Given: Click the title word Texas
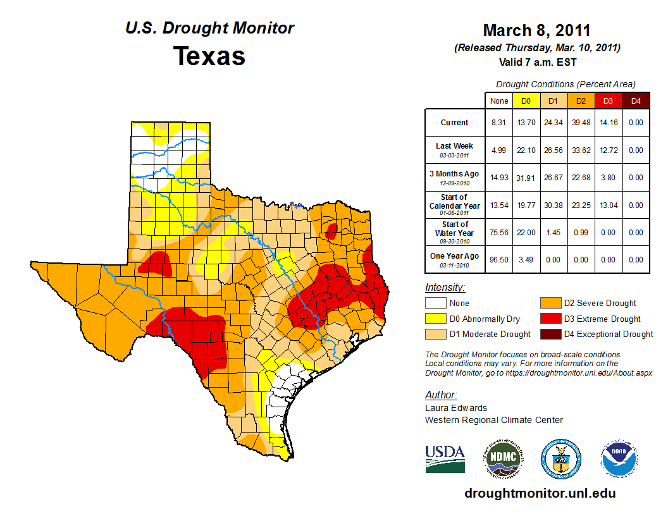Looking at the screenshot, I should [x=209, y=56].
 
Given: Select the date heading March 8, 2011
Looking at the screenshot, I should [x=536, y=30].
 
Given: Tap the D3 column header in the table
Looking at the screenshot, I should [x=607, y=101].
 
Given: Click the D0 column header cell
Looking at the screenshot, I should [x=526, y=101].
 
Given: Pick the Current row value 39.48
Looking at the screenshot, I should [x=580, y=123].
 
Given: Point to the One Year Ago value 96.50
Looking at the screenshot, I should [x=499, y=260].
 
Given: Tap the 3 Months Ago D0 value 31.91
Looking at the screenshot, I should [x=526, y=178].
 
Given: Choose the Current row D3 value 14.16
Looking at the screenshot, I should [x=607, y=123].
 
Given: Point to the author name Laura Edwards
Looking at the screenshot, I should [x=456, y=408].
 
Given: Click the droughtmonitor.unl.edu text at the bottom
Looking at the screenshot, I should [x=540, y=493].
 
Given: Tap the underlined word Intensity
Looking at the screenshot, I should [x=445, y=288].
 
